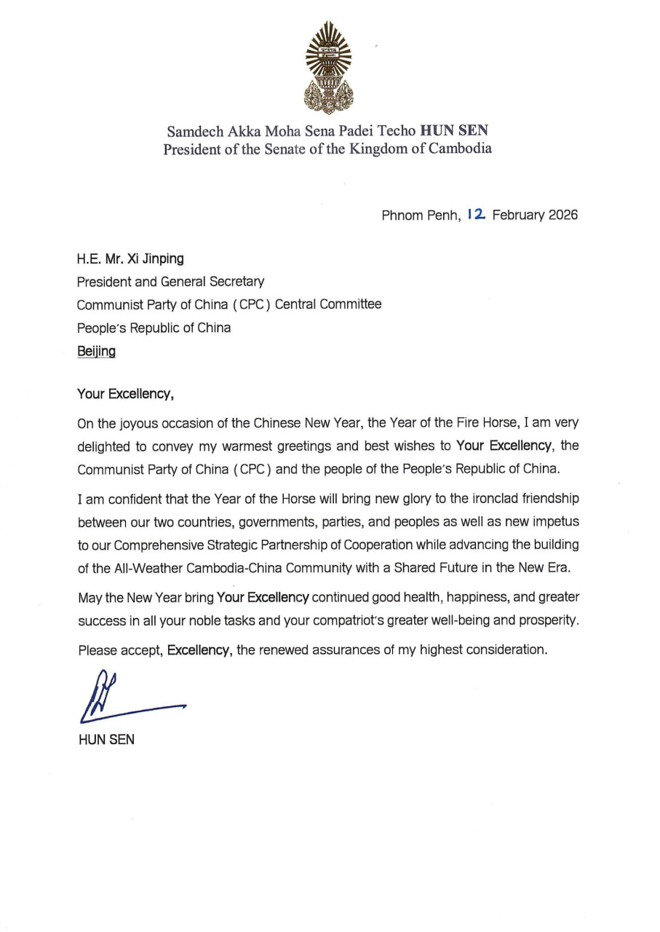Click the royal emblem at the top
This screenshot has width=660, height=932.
[x=328, y=68]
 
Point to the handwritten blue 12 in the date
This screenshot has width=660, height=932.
[x=477, y=215]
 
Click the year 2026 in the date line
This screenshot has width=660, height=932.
[x=562, y=216]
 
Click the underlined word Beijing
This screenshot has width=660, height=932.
[x=96, y=352]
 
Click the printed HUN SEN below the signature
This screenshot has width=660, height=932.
[x=106, y=741]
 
